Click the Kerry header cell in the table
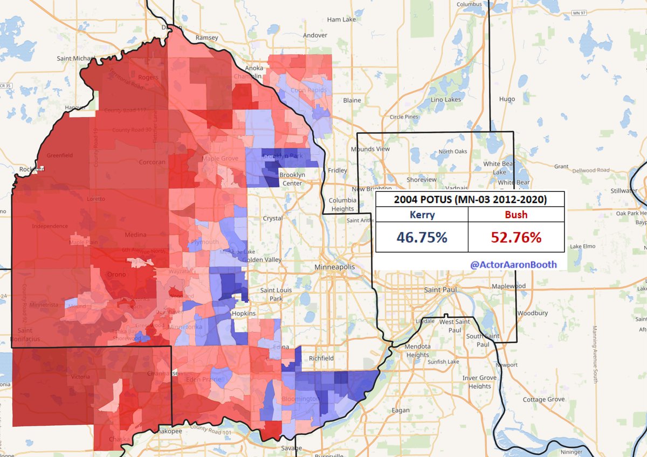point(422,214)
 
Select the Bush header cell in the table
point(516,214)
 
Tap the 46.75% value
point(422,237)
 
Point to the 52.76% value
point(516,237)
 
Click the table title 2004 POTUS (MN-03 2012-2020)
point(470,199)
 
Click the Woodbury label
point(532,313)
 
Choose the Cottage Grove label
point(543,399)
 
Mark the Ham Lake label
point(341,19)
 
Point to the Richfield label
point(321,358)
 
